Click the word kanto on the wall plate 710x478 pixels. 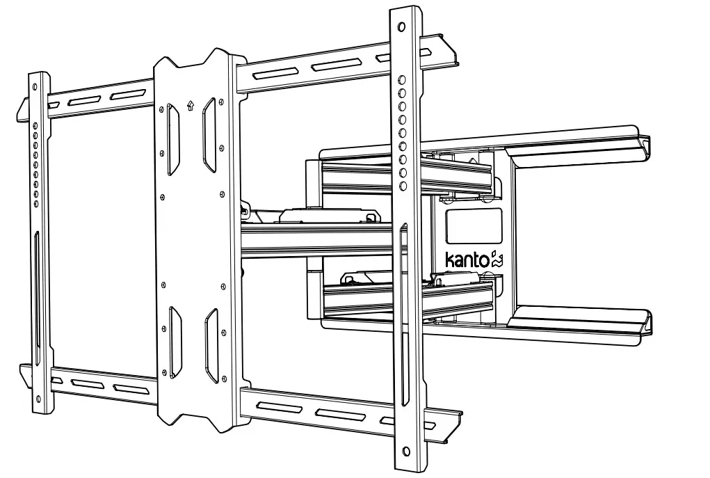(467, 261)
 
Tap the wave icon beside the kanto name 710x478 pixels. (497, 260)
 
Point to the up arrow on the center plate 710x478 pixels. (191, 106)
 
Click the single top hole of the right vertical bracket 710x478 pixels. (401, 28)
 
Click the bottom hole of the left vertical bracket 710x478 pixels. (38, 399)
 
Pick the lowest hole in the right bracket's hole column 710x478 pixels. (402, 185)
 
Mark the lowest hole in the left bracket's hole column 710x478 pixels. (36, 203)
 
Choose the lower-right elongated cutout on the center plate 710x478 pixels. (209, 345)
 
